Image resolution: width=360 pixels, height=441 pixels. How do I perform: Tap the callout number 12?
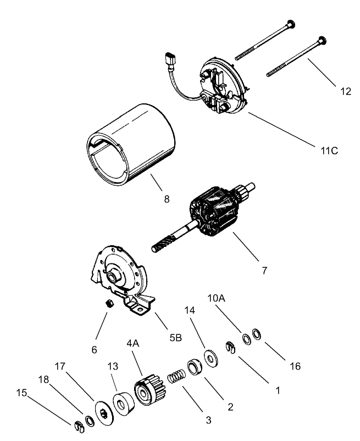[345, 91]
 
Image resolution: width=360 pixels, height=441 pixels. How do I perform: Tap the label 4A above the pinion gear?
[133, 343]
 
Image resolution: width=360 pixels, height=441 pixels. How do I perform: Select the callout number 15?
[22, 394]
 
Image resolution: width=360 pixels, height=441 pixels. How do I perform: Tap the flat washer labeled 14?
[211, 356]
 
